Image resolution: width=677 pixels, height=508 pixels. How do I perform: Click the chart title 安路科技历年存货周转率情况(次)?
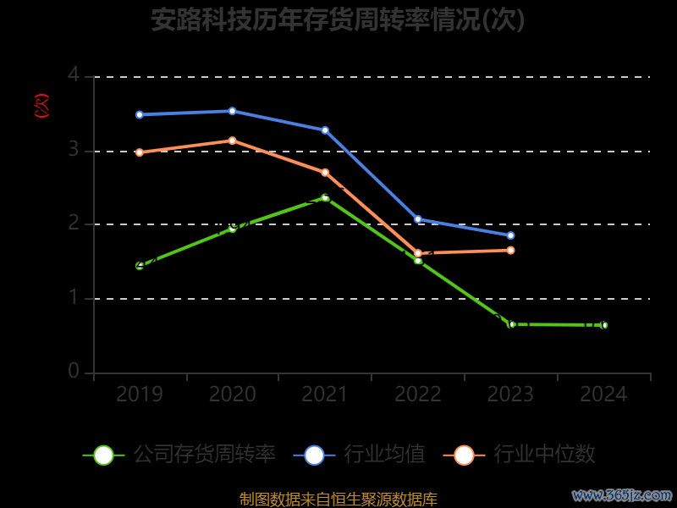[x=338, y=19]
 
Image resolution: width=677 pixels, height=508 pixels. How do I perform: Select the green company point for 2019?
[x=140, y=266]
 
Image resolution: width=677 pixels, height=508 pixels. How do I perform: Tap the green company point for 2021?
[x=325, y=197]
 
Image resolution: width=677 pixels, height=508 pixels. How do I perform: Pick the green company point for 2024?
[x=603, y=325]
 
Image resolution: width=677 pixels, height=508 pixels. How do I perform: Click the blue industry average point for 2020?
[x=232, y=111]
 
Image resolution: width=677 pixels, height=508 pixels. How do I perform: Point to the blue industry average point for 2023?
[x=510, y=235]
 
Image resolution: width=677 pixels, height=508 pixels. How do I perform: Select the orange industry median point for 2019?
[x=140, y=152]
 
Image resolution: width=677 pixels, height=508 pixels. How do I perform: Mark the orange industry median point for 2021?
[x=325, y=173]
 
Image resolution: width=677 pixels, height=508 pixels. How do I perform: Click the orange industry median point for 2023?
[x=510, y=250]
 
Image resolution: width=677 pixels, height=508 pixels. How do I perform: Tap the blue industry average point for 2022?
[x=418, y=219]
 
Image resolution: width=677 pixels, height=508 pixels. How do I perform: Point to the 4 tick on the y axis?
[x=74, y=75]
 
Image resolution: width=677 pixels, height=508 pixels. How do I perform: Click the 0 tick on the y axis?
[x=74, y=372]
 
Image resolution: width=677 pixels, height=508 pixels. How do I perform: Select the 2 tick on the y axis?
[x=74, y=224]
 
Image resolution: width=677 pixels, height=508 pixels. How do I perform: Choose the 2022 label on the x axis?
[x=418, y=395]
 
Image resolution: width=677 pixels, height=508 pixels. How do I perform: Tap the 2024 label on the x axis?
[x=603, y=395]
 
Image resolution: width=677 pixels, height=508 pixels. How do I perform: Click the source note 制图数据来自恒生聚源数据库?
[x=338, y=499]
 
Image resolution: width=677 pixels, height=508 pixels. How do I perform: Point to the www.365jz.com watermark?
[x=622, y=494]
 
